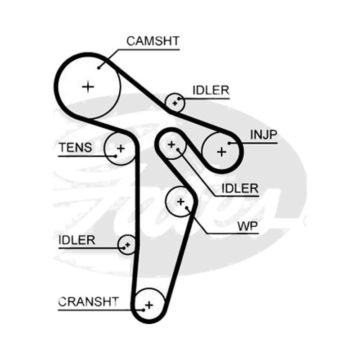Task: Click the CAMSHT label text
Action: (153, 41)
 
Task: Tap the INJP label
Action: (264, 135)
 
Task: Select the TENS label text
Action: (76, 148)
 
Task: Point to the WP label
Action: (248, 226)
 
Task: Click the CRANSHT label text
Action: (88, 301)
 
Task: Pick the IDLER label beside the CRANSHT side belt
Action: (76, 240)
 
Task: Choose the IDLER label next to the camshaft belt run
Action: (211, 90)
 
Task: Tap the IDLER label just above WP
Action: (240, 189)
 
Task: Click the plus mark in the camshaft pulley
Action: (88, 87)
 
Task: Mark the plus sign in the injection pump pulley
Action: (221, 152)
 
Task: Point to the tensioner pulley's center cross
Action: (121, 148)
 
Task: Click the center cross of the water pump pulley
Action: (181, 202)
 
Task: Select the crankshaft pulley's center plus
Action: (149, 305)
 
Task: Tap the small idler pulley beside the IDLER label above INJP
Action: (175, 103)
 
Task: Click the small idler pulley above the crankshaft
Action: (127, 244)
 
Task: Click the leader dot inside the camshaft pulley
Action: (99, 68)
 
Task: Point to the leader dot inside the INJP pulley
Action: (229, 143)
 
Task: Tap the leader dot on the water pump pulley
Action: (187, 208)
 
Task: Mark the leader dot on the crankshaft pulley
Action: (144, 310)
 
